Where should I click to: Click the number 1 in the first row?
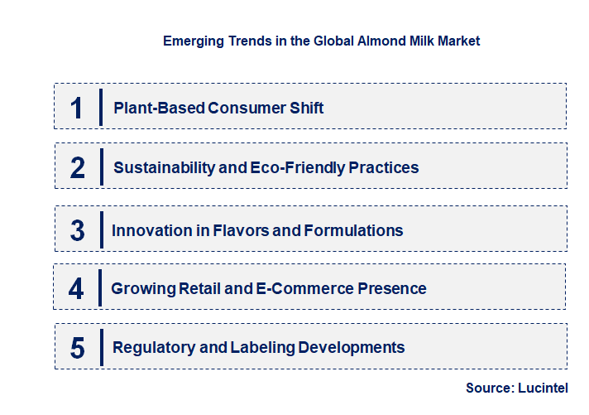77,108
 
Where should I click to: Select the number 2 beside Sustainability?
78,167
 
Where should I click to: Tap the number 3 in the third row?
78,230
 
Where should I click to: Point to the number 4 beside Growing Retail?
77,289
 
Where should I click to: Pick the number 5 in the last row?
78,348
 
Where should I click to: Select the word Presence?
392,288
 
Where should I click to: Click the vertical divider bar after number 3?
100,229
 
